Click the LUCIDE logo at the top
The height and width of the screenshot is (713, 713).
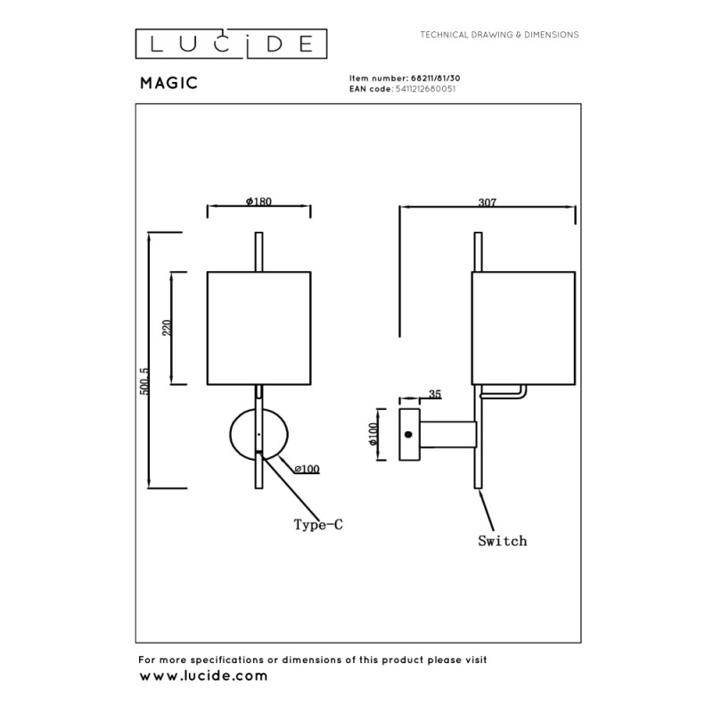(231, 42)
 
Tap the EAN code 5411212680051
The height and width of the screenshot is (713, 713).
(425, 90)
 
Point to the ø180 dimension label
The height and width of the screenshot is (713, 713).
(258, 201)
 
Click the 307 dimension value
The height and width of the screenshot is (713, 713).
(487, 202)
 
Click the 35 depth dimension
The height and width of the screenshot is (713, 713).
(435, 393)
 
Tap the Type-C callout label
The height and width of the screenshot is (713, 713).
(318, 525)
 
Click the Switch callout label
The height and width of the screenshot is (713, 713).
(502, 541)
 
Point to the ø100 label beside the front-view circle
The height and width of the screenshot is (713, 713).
(307, 469)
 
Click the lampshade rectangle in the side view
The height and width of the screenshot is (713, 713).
(523, 327)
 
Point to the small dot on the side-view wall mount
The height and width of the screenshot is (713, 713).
(409, 434)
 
